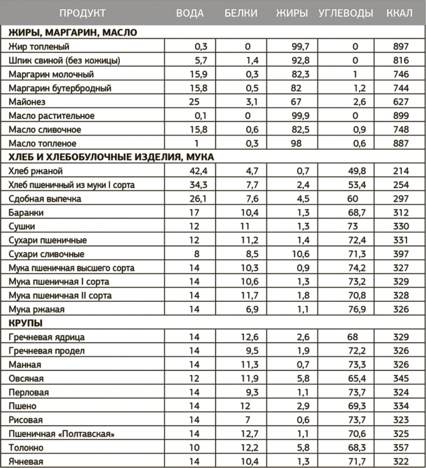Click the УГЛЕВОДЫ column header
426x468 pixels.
pos(346,13)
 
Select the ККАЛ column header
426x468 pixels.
pos(400,13)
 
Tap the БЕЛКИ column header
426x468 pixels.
pos(241,13)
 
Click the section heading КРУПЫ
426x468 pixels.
pos(26,323)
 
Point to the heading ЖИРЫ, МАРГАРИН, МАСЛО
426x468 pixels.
pos(73,32)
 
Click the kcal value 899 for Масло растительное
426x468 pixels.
pos(401,116)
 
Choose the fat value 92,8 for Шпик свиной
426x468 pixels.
pos(297,60)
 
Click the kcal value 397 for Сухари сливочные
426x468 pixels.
pos(401,254)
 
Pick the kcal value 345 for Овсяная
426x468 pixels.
pos(401,378)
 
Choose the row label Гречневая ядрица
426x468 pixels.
pos(47,337)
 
